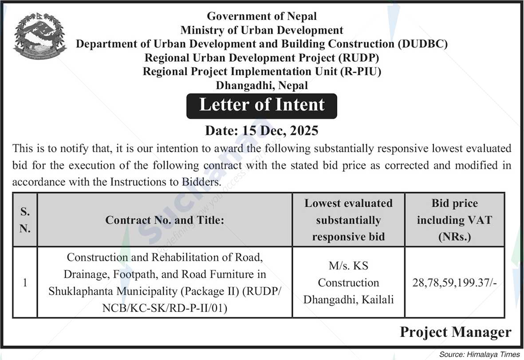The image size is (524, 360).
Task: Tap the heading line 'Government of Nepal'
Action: point(262,16)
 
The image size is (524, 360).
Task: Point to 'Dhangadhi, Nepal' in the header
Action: point(262,85)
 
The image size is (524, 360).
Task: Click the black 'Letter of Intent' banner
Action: point(262,106)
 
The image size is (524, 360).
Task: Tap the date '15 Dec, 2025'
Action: point(280,130)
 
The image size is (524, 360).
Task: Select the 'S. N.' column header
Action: point(25,220)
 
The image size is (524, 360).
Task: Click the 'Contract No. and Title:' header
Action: point(165,220)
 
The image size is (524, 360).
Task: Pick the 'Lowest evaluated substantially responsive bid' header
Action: point(348,220)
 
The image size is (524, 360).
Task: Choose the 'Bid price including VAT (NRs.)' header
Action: point(454,220)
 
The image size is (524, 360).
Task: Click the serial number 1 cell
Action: point(25,282)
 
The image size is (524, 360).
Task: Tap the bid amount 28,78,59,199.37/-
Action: point(454,282)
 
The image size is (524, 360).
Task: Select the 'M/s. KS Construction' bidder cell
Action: point(348,274)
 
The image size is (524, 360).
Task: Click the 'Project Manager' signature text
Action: point(455,332)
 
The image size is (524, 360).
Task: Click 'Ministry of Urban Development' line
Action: point(262,30)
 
